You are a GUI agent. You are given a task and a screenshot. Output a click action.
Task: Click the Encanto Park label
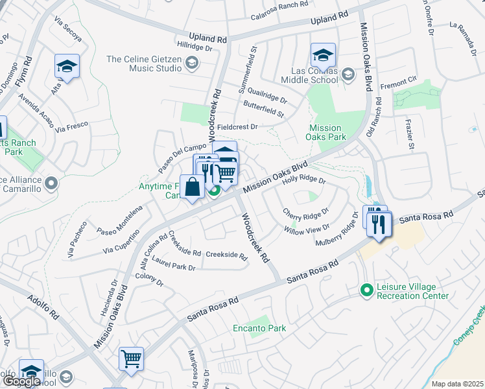click(259, 328)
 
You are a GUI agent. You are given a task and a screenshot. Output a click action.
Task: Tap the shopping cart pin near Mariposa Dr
click(131, 359)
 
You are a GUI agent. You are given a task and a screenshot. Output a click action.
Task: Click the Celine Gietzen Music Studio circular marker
click(191, 63)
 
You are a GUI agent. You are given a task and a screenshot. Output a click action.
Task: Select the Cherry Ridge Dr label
click(305, 212)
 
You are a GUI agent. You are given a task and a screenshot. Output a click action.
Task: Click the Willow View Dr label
click(306, 228)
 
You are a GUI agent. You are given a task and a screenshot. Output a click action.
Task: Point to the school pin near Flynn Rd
click(66, 67)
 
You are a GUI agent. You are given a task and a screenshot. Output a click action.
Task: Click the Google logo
click(21, 381)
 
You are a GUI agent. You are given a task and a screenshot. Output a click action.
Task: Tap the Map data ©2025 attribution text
click(456, 384)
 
